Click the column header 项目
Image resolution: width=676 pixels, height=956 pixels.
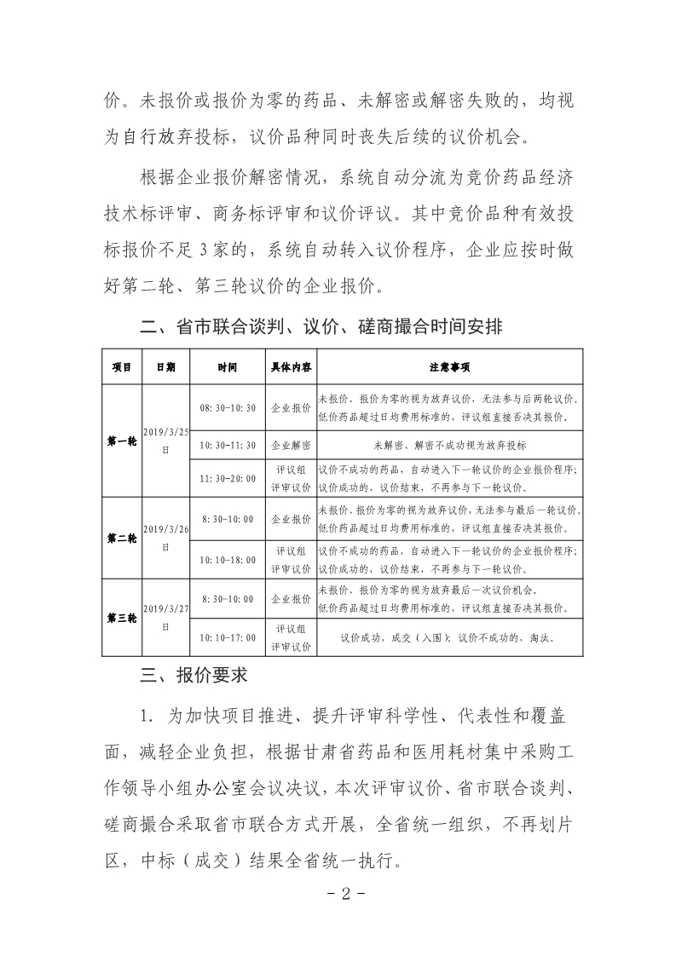[x=121, y=367]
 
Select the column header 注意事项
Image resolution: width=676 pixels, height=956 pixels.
[x=449, y=367]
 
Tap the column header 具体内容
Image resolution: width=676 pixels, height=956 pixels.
[x=291, y=367]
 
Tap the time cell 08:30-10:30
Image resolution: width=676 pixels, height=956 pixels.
[x=228, y=408]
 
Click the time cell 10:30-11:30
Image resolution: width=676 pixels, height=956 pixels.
[x=228, y=445]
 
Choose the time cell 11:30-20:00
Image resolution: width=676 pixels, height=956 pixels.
[x=228, y=478]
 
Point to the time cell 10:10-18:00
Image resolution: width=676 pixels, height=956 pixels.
[x=228, y=560]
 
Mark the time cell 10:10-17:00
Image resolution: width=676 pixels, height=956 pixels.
[x=228, y=636]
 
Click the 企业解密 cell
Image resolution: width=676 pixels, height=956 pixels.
[x=291, y=445]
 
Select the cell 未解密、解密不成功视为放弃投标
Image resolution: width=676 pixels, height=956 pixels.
[x=449, y=445]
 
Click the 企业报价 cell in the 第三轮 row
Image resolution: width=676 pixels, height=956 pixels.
[x=291, y=599]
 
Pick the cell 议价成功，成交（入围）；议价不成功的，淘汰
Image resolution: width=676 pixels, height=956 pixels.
[x=449, y=636]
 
